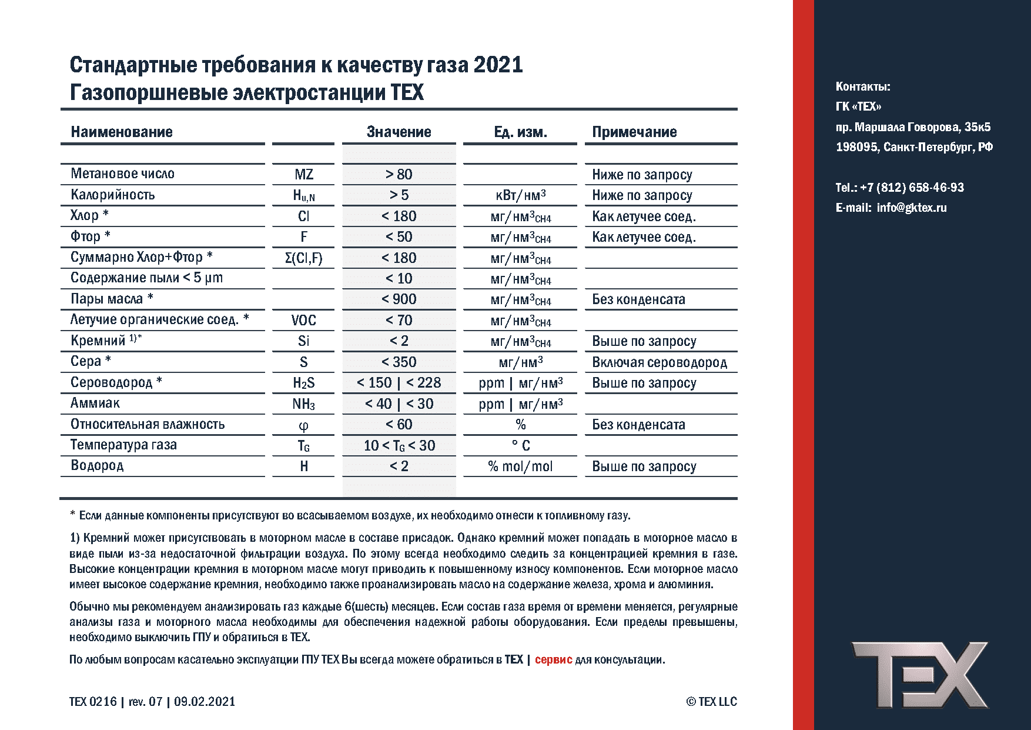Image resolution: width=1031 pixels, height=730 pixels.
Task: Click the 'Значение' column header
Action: [x=399, y=132]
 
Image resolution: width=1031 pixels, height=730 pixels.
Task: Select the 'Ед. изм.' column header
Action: [x=520, y=132]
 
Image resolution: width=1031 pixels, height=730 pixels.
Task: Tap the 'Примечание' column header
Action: [x=634, y=132]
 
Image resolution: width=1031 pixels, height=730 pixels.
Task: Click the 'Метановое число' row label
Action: [x=122, y=174]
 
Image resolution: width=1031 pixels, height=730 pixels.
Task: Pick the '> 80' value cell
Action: [x=399, y=174]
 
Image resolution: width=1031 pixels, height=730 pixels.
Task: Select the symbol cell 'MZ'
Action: [x=303, y=174]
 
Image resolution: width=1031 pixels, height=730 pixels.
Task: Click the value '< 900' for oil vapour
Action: [x=399, y=299]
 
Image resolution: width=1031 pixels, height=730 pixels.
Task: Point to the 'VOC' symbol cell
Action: [x=303, y=320]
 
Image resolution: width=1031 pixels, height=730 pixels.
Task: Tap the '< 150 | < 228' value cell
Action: [x=399, y=382]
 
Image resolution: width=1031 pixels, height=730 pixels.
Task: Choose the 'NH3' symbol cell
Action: [x=303, y=404]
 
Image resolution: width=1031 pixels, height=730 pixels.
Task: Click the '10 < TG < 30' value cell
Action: [x=399, y=445]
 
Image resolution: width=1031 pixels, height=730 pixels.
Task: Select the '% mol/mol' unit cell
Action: [x=520, y=466]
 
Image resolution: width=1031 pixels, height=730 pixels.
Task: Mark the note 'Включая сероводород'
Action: [x=660, y=362]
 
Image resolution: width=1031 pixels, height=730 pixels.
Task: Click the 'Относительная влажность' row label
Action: [x=148, y=424]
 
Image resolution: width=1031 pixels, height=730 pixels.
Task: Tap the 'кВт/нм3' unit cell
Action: [x=520, y=195]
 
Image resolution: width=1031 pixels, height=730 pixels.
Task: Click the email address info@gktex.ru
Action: [x=911, y=208]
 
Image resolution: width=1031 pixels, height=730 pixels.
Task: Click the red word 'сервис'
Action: [x=553, y=659]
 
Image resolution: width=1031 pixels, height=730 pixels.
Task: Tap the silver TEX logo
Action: [x=920, y=675]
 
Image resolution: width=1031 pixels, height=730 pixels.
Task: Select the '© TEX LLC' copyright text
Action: [x=711, y=701]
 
